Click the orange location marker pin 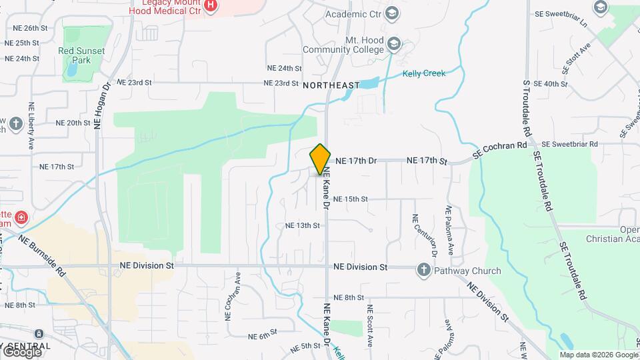[320, 159]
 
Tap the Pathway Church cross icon [423, 270]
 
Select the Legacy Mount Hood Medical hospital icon [211, 6]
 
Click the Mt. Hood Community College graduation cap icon [394, 43]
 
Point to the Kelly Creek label [424, 73]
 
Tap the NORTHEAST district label [331, 85]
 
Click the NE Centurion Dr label [415, 236]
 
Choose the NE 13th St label [303, 226]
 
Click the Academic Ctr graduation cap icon [392, 13]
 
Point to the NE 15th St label [351, 199]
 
